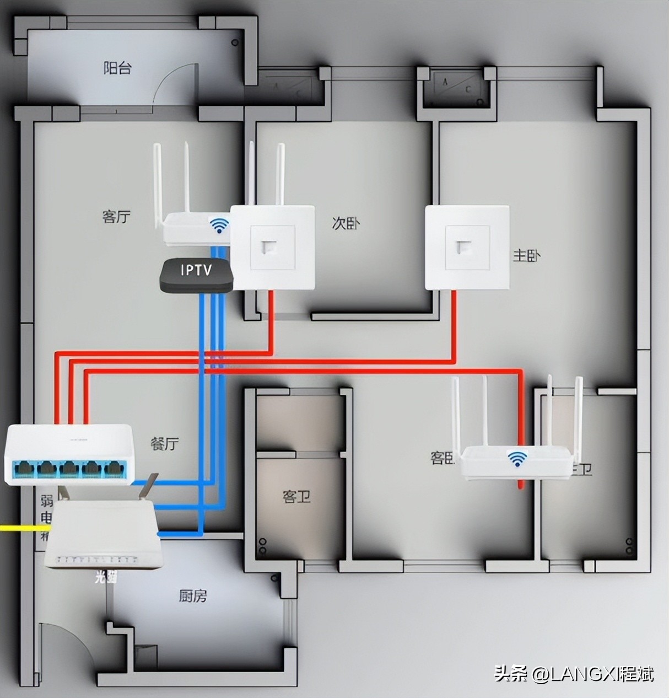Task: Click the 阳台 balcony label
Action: pos(117,68)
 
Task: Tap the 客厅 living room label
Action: pos(116,216)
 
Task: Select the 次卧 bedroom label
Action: pos(346,223)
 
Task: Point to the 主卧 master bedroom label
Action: pos(527,255)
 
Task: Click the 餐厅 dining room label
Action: pos(164,443)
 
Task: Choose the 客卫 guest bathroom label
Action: pos(296,496)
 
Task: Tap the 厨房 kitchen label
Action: pos(193,595)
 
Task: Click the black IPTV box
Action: pos(196,274)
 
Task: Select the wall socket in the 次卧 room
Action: pos(272,248)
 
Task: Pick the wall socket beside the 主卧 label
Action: pos(467,247)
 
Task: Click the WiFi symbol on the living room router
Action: pos(219,225)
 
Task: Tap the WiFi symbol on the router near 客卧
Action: pos(517,459)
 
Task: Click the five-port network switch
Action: pos(69,455)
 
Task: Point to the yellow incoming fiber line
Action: pos(19,528)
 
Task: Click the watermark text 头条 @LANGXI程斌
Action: pos(574,673)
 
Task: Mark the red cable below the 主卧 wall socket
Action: pos(454,325)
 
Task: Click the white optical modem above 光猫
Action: pos(104,535)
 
